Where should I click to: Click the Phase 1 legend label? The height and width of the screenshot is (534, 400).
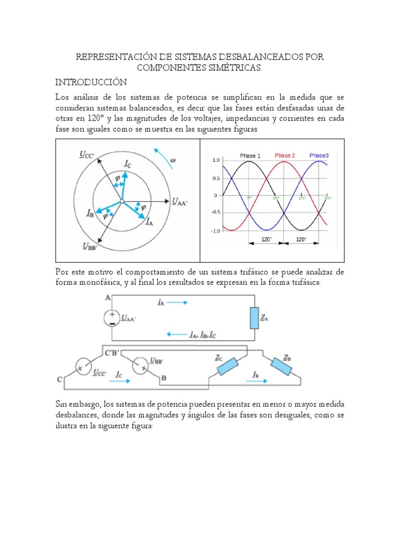[250, 155]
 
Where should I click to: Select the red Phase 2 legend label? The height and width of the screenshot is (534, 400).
[285, 155]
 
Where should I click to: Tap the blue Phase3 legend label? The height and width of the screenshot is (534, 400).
[319, 155]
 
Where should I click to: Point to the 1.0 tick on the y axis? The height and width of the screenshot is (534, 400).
[216, 161]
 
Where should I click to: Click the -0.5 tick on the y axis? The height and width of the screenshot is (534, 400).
[215, 212]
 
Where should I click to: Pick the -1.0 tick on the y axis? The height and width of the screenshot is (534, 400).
[215, 230]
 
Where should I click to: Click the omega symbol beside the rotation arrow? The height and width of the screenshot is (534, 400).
[173, 160]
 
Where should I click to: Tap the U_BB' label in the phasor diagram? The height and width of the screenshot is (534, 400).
[89, 247]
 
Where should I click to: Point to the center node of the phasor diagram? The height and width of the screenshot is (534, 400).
[121, 201]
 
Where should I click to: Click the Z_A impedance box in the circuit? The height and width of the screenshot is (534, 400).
[254, 318]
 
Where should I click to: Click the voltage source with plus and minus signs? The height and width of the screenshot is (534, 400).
[112, 318]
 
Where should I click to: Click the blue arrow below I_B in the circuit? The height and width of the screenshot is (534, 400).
[257, 382]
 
